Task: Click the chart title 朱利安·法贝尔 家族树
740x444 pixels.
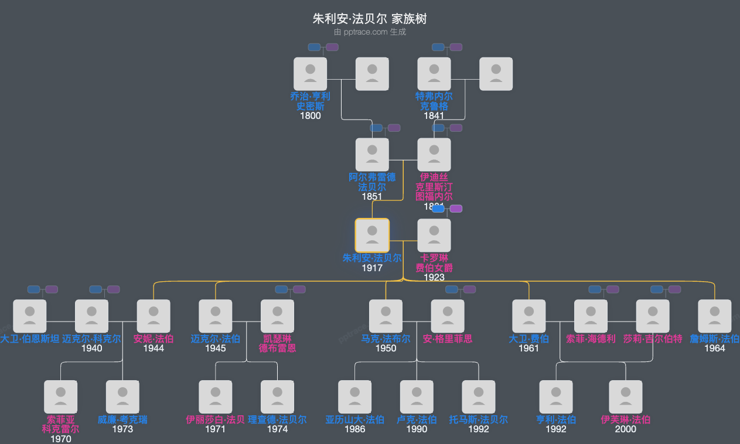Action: coord(370,19)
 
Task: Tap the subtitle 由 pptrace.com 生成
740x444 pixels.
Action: coord(370,32)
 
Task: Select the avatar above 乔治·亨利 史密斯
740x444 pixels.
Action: coord(311,74)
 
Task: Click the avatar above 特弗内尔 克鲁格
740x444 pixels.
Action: coord(434,74)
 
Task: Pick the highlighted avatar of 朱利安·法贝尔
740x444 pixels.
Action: coord(372,235)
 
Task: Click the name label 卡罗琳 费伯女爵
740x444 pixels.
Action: coord(434,263)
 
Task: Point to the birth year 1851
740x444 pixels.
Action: coord(372,197)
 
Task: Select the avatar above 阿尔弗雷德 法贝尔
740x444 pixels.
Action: coord(372,155)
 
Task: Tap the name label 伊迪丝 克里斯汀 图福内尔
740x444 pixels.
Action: coord(434,186)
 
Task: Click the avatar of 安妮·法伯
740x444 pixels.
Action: coord(154,316)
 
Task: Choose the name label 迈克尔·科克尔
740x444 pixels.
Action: coord(91,339)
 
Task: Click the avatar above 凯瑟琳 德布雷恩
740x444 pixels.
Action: coord(277,316)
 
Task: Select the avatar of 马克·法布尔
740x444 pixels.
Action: coord(386,316)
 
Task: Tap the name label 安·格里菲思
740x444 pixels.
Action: coord(448,339)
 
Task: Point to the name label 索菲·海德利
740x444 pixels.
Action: coord(591,339)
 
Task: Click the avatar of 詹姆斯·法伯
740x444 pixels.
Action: coord(715,316)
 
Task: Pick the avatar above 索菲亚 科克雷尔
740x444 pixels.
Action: coord(61,397)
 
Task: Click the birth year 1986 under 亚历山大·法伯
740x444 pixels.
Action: coord(355,429)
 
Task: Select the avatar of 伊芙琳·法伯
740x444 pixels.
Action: coord(626,397)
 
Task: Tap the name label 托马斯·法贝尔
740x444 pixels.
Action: coord(479,419)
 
